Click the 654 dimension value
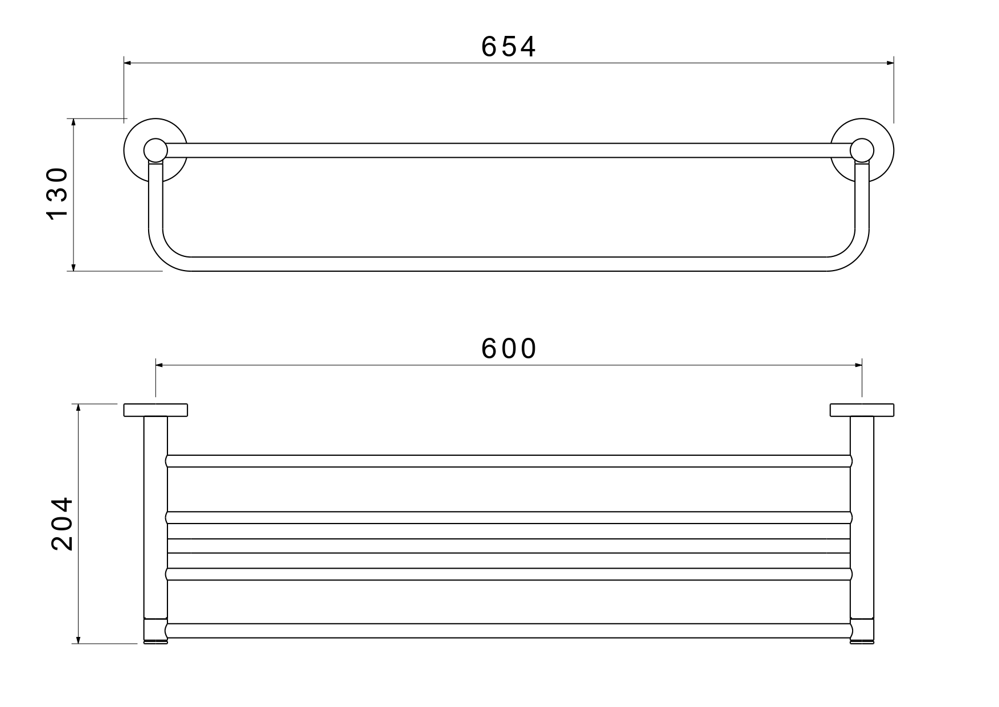point(508,47)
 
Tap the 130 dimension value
point(57,194)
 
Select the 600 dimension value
point(509,349)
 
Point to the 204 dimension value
point(62,524)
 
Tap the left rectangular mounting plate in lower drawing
point(155,410)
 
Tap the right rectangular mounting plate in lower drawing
point(862,410)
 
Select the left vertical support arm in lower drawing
point(155,513)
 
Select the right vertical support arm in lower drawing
point(862,513)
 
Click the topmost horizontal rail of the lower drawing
point(509,461)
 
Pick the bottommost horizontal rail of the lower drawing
point(509,630)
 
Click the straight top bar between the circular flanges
point(509,150)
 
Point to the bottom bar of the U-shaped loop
point(509,264)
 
